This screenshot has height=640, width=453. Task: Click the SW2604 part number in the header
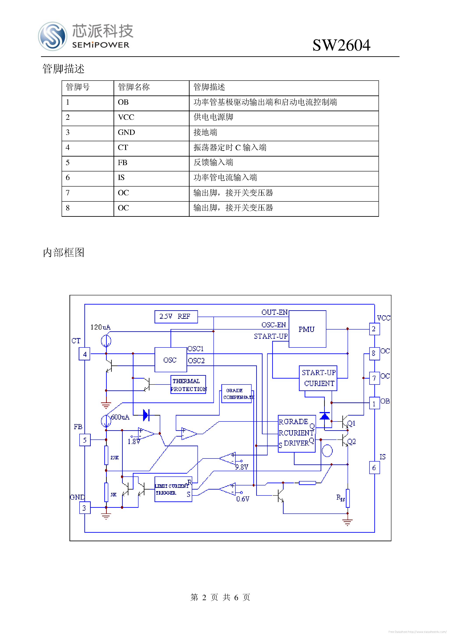pyautogui.click(x=341, y=45)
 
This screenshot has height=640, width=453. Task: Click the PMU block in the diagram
pyautogui.click(x=307, y=329)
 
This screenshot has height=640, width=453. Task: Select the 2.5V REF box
pyautogui.click(x=176, y=317)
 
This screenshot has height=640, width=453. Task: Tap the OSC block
pyautogui.click(x=171, y=360)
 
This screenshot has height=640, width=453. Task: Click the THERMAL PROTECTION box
pyautogui.click(x=188, y=385)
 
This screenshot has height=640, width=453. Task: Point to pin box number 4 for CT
pyautogui.click(x=85, y=354)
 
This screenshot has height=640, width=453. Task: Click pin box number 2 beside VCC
pyautogui.click(x=374, y=329)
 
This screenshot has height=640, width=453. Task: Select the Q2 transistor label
pyautogui.click(x=352, y=442)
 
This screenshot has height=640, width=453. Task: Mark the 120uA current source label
pyautogui.click(x=100, y=327)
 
